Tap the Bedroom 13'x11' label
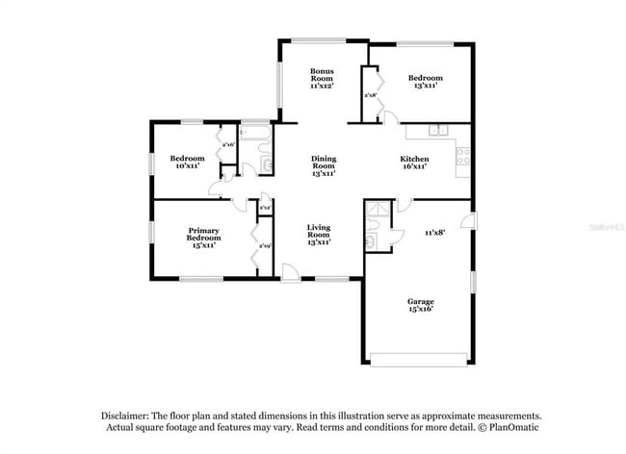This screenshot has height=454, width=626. (424, 82)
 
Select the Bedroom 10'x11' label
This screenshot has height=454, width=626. (187, 163)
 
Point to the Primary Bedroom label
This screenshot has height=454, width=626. (201, 237)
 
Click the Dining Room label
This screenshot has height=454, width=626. (323, 164)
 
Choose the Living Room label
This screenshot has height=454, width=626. (318, 236)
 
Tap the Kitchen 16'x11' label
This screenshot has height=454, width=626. (414, 163)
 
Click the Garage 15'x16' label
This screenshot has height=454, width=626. (417, 307)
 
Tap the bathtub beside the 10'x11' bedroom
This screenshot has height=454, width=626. (255, 133)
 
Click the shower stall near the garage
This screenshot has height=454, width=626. (377, 213)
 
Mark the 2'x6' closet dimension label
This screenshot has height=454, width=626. (228, 145)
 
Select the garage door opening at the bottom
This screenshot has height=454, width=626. (419, 360)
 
